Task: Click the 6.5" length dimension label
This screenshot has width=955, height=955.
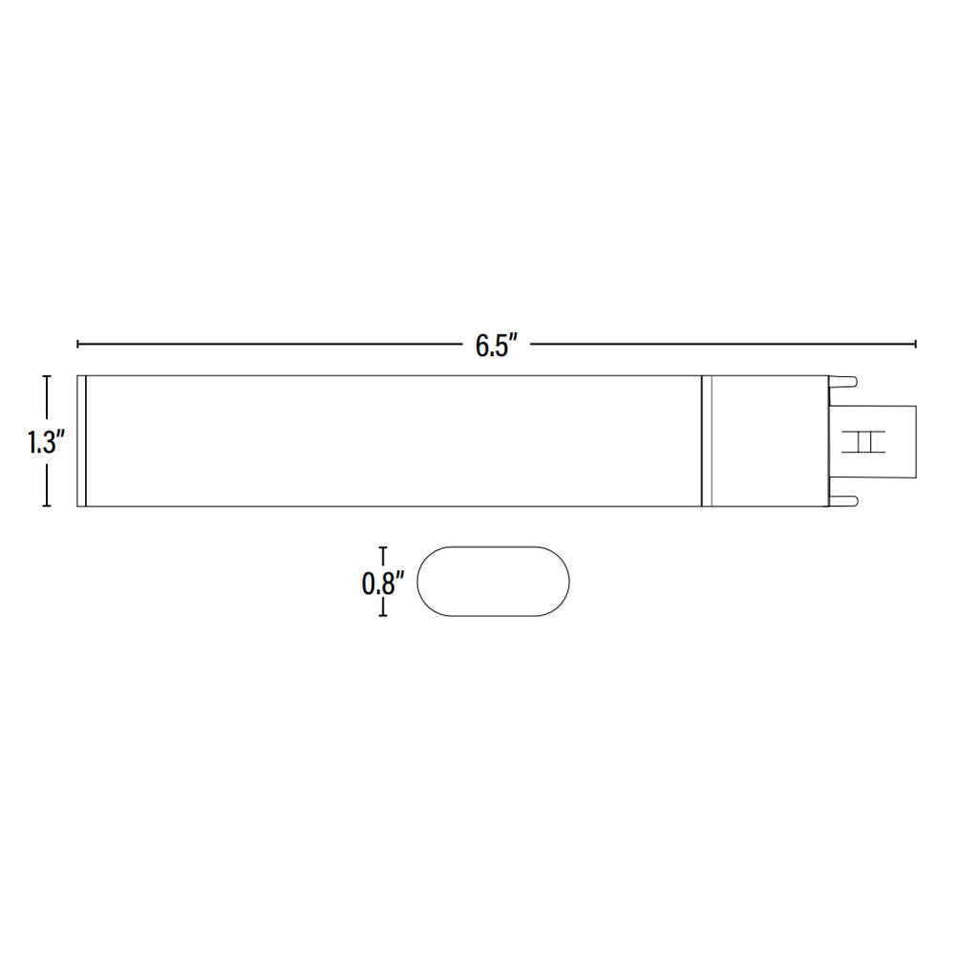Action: [497, 346]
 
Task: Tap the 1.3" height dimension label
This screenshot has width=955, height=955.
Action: [46, 441]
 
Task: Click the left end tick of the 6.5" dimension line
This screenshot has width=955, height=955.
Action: [78, 344]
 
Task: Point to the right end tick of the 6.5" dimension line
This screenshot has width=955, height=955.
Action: [916, 344]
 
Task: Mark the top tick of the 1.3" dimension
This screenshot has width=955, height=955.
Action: [46, 376]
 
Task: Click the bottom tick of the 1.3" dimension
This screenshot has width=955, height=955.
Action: [46, 505]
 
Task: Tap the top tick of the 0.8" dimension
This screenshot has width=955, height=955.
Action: [383, 548]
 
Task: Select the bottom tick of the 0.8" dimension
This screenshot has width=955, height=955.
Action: [383, 616]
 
